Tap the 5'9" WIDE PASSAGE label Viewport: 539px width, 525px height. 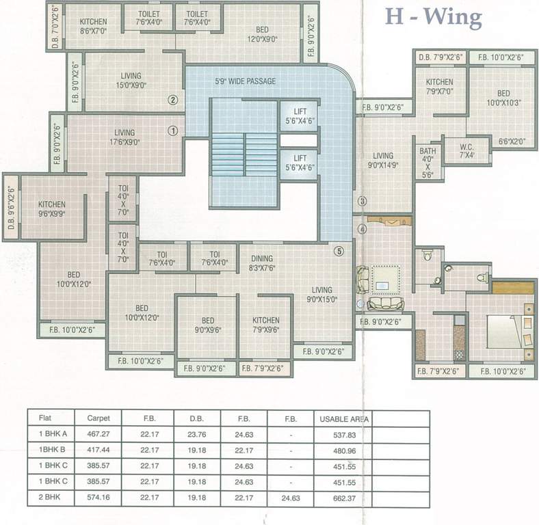coord(246,81)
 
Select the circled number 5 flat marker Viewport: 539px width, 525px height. coord(337,251)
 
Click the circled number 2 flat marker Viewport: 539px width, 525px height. coord(173,100)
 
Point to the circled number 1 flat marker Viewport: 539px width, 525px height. coord(173,129)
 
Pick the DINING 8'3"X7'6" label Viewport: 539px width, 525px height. coord(262,263)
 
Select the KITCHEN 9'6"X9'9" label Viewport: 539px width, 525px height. coord(52,208)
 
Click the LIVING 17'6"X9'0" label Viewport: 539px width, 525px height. coord(124,137)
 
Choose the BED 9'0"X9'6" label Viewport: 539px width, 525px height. coord(208,325)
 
